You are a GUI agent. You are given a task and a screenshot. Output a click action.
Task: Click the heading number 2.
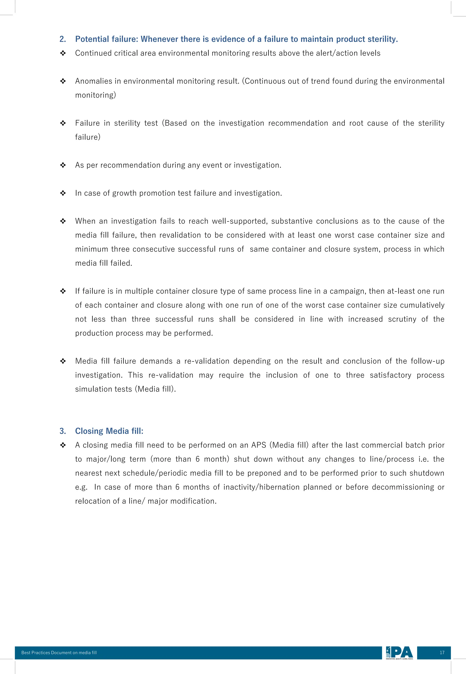pyautogui.click(x=63, y=39)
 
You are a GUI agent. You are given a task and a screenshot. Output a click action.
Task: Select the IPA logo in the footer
pyautogui.click(x=399, y=653)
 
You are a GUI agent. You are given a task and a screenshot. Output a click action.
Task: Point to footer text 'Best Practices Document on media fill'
pyautogui.click(x=59, y=653)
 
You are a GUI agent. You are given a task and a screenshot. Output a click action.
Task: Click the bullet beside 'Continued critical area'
pyautogui.click(x=63, y=53)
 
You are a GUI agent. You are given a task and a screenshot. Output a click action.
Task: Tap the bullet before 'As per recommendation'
pyautogui.click(x=63, y=165)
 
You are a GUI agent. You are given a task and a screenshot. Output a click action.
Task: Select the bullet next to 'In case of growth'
pyautogui.click(x=63, y=193)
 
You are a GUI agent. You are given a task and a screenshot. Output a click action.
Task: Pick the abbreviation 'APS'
pyautogui.click(x=259, y=445)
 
